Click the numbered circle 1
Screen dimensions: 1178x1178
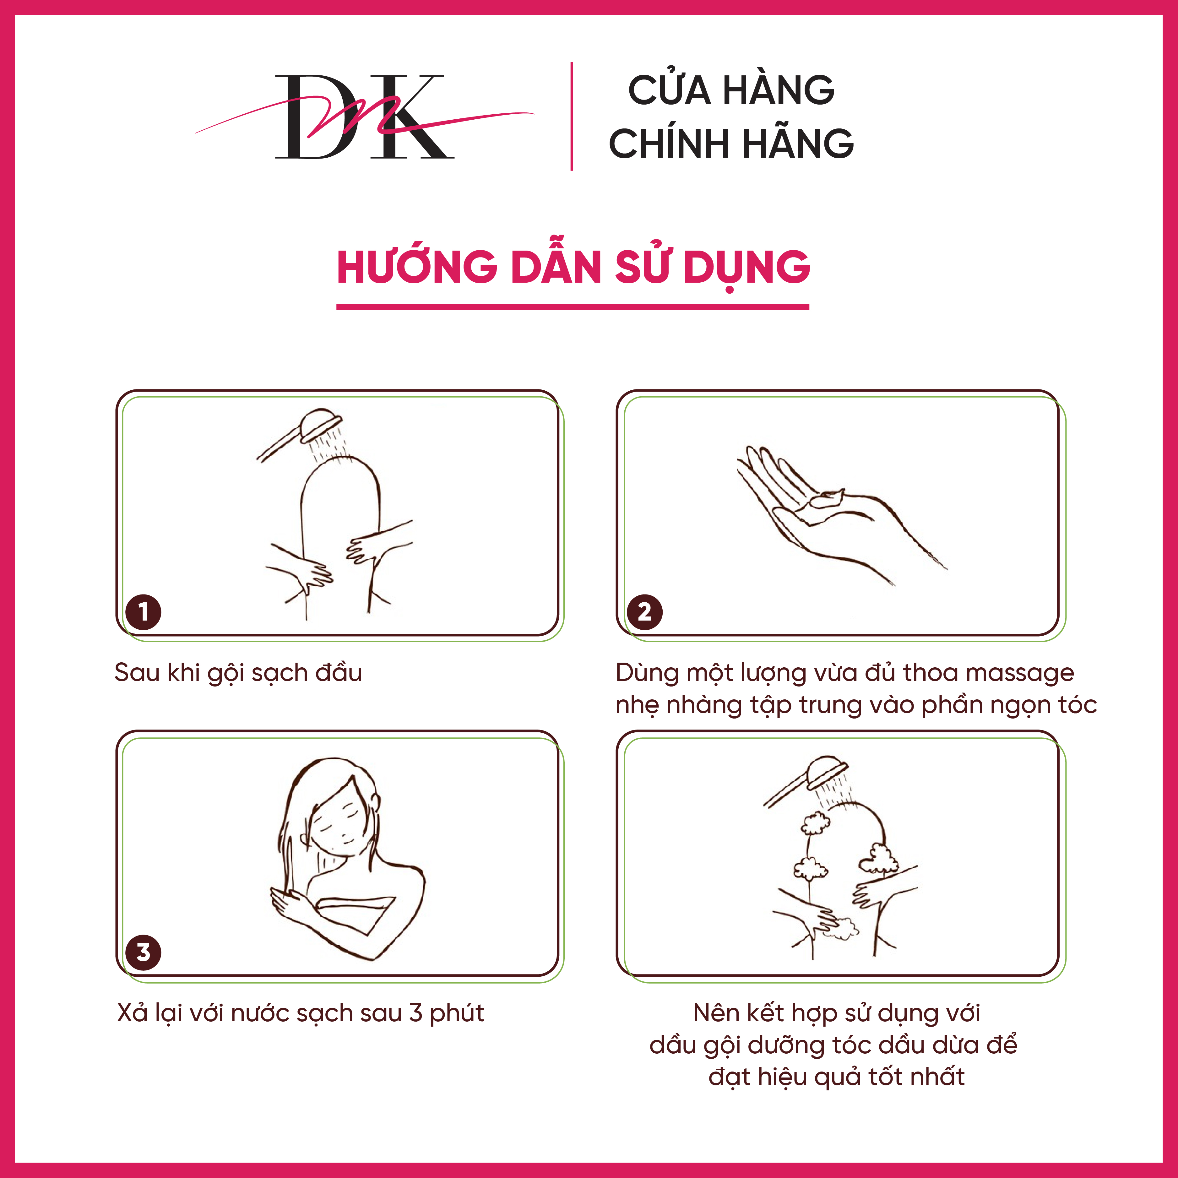click(x=143, y=611)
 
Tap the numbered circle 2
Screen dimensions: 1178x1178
click(x=644, y=611)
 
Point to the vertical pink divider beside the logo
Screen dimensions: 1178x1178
click(x=571, y=116)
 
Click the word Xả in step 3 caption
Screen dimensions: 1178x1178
click(x=132, y=1013)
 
